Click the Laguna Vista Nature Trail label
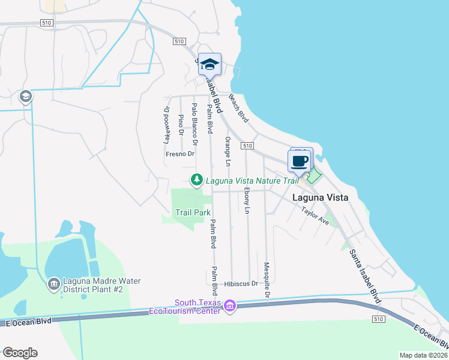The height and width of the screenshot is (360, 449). tap(252, 180)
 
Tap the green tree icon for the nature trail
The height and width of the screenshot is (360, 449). tap(196, 179)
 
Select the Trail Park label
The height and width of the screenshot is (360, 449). tap(193, 212)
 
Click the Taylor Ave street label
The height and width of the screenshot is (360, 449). tap(316, 216)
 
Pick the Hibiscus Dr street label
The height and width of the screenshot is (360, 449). tap(241, 284)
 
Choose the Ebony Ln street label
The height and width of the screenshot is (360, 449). tap(247, 200)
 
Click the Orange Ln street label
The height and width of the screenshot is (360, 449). tap(228, 151)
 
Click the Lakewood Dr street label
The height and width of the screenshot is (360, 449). tap(167, 125)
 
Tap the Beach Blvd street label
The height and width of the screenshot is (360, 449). tap(238, 112)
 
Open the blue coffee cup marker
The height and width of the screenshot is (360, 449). tap(300, 161)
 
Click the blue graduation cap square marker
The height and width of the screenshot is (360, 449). tap(209, 64)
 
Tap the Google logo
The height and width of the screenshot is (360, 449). tap(20, 353)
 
